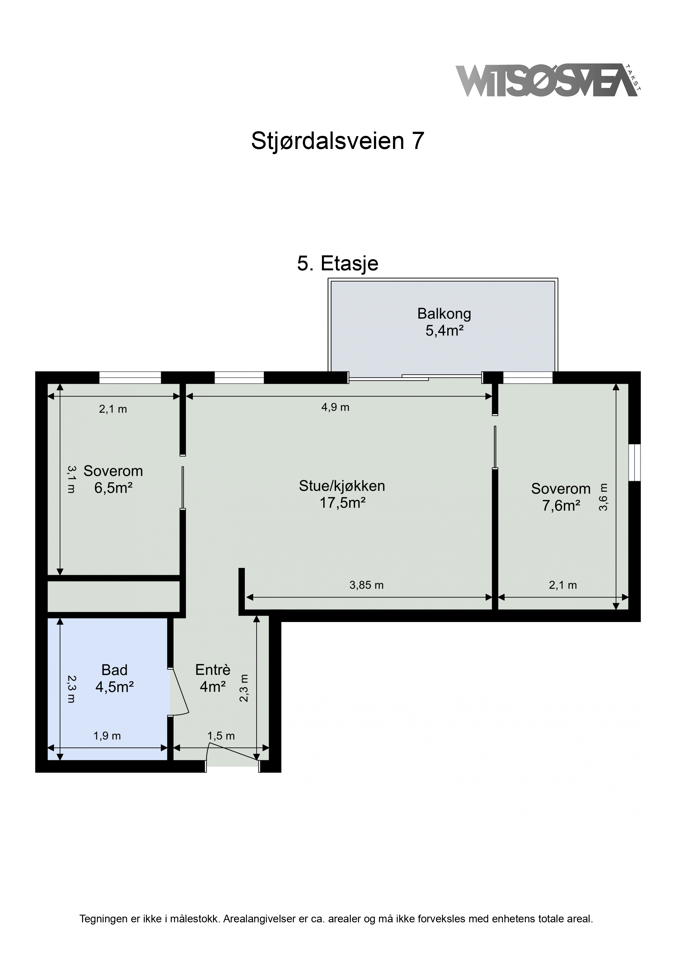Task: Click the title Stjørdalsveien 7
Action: point(338,141)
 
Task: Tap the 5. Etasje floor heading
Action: point(338,264)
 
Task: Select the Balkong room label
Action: point(444,313)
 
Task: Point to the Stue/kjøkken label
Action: point(342,486)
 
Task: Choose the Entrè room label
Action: point(213,670)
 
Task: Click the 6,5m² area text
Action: point(113,488)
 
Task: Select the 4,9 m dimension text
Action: point(335,407)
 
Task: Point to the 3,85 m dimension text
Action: point(367,585)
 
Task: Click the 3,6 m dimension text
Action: point(603,497)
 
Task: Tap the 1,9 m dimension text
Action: point(107,736)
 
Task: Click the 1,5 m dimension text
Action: point(221,736)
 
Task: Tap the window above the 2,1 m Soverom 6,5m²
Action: point(130,378)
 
